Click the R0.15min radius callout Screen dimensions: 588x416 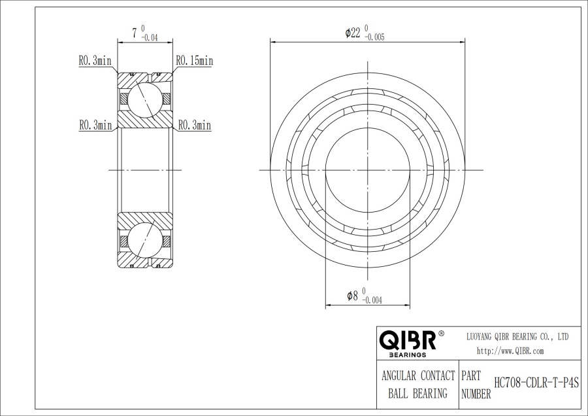[x=194, y=60]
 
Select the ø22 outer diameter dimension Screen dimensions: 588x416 [x=353, y=33]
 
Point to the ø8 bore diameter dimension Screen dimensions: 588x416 [x=353, y=296]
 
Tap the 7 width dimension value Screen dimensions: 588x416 [x=134, y=33]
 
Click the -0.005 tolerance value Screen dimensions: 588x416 [x=374, y=37]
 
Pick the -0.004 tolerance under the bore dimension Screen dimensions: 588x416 [x=372, y=300]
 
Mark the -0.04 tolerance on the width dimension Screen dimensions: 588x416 [x=149, y=37]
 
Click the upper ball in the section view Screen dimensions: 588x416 [x=145, y=100]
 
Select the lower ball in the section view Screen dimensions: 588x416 [x=145, y=240]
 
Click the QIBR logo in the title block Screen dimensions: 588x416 [x=408, y=339]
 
